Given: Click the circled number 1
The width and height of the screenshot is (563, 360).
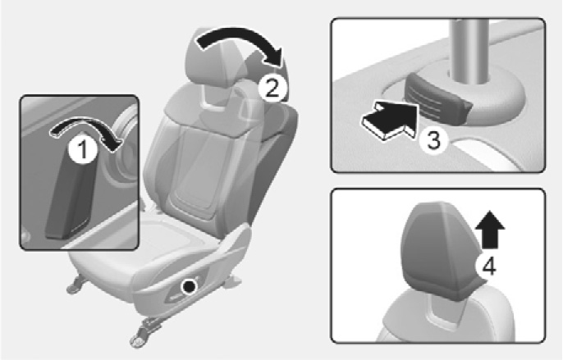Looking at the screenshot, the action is pos(83,150).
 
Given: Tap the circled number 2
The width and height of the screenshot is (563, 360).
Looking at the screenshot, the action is pos(272,88).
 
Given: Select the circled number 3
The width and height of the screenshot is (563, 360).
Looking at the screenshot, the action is pos(433,140).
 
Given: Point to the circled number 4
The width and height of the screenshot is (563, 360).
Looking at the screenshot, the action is pos(489,266).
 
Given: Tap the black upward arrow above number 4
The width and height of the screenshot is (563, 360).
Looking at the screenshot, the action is pos(490,230).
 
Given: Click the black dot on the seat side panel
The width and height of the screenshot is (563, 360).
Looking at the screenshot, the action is pos(189,286).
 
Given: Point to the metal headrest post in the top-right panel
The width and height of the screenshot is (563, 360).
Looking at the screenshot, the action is pos(468,50).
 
